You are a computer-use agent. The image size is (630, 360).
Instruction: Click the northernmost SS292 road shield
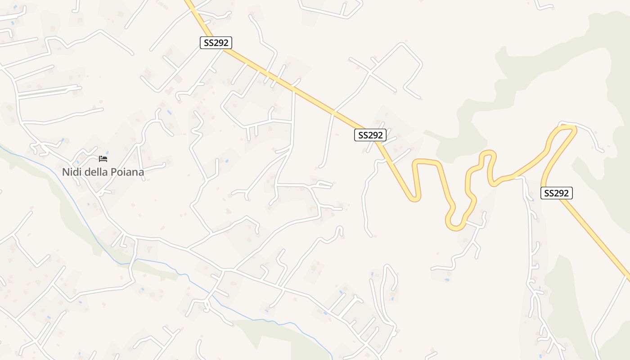pyautogui.click(x=216, y=43)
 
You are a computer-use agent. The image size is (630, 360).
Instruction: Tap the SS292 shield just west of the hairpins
pyautogui.click(x=370, y=135)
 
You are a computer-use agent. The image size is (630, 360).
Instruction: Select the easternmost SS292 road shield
pyautogui.click(x=557, y=193)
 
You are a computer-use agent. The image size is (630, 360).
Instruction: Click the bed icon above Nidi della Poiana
pyautogui.click(x=103, y=159)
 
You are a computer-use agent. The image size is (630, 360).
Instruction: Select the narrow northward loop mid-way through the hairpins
pyautogui.click(x=489, y=155)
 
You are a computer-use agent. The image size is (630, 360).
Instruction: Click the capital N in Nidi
pyautogui.click(x=65, y=172)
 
